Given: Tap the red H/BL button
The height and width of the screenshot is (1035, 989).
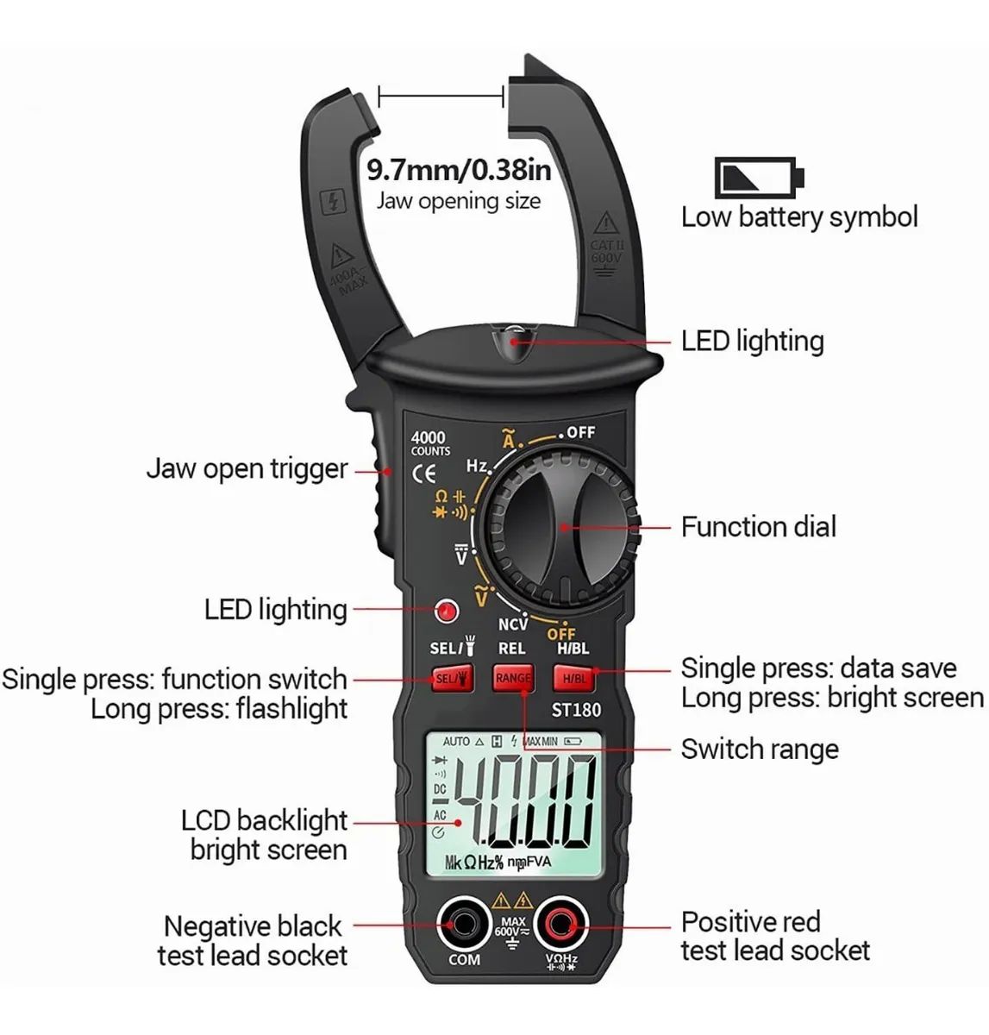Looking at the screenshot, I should tap(573, 678).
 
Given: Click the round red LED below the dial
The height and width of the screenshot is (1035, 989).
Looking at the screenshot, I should tap(446, 612).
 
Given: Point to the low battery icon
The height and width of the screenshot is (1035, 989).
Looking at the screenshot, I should tap(759, 178).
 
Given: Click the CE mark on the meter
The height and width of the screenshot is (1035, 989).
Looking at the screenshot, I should tap(423, 473).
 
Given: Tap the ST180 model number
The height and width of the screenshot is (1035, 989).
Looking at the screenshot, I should tap(576, 710).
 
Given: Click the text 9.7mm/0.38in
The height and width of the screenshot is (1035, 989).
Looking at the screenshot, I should tap(459, 169).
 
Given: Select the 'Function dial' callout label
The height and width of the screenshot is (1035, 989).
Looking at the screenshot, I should tap(758, 527).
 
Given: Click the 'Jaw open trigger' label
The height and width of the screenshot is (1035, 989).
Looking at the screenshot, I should tap(247, 469).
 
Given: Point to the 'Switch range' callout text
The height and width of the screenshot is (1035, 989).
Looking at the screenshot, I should tap(759, 750).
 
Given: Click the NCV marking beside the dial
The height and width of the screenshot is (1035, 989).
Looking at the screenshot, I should tap(513, 624).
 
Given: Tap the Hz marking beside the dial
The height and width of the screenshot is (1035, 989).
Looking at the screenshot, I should tap(477, 466).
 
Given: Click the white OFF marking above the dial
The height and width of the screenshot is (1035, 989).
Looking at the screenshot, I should tap(580, 431).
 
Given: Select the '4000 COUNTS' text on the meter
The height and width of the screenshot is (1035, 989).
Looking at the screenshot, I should tap(429, 443).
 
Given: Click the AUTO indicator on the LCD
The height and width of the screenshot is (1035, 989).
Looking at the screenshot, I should tap(456, 742).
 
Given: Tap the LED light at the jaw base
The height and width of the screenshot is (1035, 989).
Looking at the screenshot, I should tap(514, 338).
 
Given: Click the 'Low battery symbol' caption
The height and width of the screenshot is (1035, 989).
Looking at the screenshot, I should tap(799, 217).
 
